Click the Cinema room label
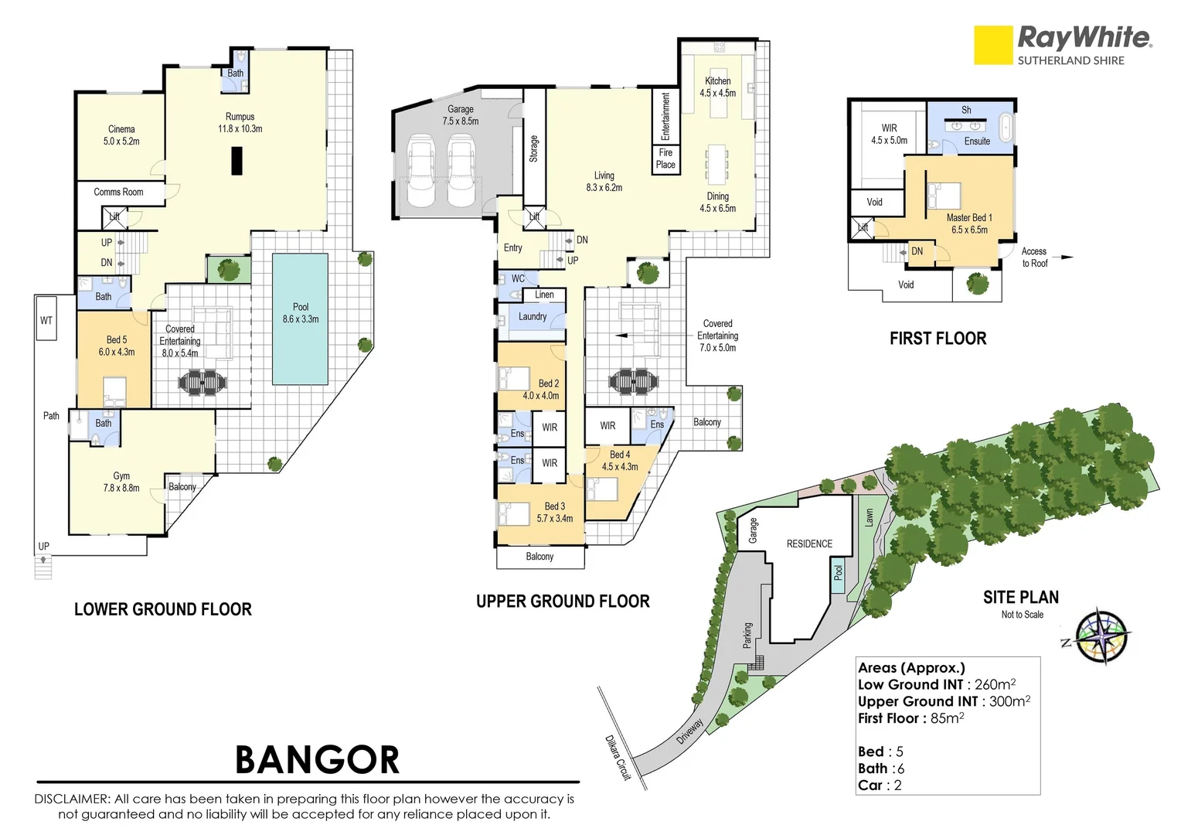point(121,135)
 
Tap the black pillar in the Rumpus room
point(237,161)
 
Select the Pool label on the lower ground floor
point(301,313)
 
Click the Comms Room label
point(118,192)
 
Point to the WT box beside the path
point(46,320)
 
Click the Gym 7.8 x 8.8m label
point(121,482)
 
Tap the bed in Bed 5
point(114,392)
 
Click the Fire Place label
point(665,158)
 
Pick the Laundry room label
point(532,316)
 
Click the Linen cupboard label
point(544,295)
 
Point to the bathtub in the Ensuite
point(1006,127)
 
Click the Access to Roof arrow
point(1066,257)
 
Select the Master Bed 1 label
point(969,223)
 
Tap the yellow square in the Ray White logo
point(993,45)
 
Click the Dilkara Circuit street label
point(618,757)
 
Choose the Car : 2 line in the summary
point(880,785)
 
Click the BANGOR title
point(317,759)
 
